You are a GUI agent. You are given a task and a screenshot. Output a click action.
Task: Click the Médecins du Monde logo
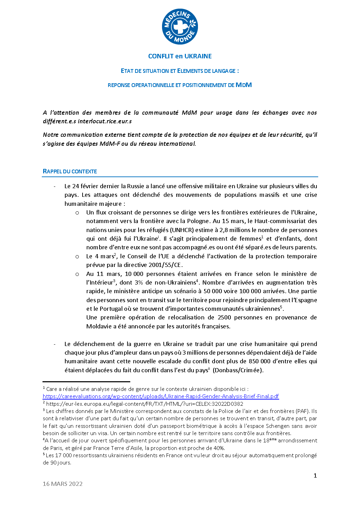click(x=180, y=27)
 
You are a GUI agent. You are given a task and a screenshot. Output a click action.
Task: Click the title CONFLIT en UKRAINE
click(x=180, y=56)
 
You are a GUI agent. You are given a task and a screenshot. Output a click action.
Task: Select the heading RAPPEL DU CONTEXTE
click(x=70, y=172)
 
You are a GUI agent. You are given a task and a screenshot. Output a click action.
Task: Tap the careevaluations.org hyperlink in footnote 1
click(x=161, y=396)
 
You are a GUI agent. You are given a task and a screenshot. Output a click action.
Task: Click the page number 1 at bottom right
click(x=315, y=476)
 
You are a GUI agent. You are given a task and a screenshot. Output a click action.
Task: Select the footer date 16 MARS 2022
click(x=63, y=484)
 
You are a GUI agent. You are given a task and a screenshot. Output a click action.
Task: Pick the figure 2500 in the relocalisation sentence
click(x=224, y=317)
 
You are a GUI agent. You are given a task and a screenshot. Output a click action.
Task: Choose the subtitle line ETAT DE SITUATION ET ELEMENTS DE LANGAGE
click(x=180, y=71)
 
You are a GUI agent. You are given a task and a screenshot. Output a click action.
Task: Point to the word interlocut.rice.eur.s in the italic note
click(x=105, y=121)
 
